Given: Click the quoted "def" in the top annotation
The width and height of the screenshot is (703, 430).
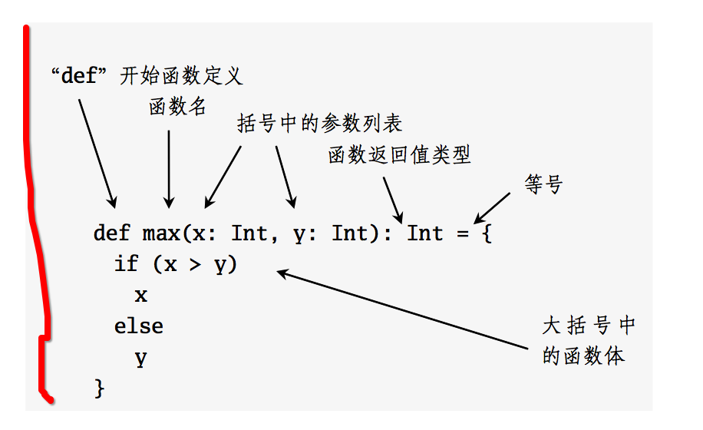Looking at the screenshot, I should [x=81, y=76].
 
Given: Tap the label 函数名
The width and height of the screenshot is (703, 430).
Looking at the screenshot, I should [x=177, y=107].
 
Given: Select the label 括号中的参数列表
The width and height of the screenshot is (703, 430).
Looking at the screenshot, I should [x=319, y=124].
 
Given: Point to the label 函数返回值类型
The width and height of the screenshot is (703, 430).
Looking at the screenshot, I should [x=399, y=155].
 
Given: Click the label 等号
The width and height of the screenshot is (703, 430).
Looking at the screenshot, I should [x=544, y=184].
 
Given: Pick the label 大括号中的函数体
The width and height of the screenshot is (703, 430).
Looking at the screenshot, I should [x=589, y=340].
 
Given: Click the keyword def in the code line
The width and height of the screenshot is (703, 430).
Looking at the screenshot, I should [x=111, y=233].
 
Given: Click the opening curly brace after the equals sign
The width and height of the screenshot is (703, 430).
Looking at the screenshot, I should [x=486, y=233].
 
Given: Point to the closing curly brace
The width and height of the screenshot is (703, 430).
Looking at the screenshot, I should [x=98, y=388].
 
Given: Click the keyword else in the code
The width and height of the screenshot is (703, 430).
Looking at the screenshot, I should [x=139, y=326].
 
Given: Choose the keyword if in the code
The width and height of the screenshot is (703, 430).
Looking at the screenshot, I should [x=126, y=264].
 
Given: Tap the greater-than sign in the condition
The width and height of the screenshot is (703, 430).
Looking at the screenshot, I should [x=195, y=264].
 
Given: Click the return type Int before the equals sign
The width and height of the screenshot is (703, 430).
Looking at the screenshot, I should [x=425, y=233].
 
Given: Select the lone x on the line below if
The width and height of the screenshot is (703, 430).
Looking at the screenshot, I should [x=140, y=295].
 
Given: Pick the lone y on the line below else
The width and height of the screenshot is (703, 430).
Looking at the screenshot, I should [x=140, y=358].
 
